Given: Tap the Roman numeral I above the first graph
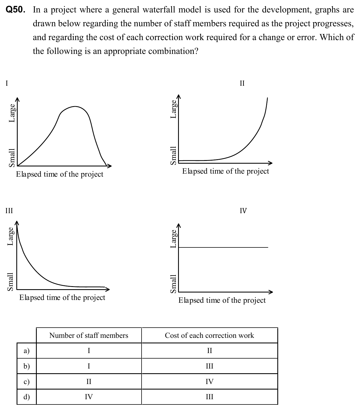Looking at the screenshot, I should [7, 83].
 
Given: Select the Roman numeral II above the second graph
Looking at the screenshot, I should [242, 83].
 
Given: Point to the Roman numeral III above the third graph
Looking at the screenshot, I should [9, 211].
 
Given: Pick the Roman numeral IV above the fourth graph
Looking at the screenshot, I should [243, 211].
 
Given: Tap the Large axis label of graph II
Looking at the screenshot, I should [174, 109].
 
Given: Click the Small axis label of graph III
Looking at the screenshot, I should [10, 282].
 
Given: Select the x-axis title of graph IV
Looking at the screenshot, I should [222, 300].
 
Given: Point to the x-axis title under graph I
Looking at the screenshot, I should [59, 174].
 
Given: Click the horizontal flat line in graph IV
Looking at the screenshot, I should [223, 247].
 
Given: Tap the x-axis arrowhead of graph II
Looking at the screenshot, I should [270, 163].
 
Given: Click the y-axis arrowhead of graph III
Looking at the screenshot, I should [17, 223].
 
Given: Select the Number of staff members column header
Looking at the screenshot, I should [89, 335].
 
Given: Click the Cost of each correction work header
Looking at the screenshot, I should [209, 335].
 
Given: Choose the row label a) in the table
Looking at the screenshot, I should [27, 351].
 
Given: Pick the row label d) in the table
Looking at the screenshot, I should [27, 397].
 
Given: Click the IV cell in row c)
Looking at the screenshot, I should [209, 382].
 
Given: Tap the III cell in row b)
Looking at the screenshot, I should [209, 366].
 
